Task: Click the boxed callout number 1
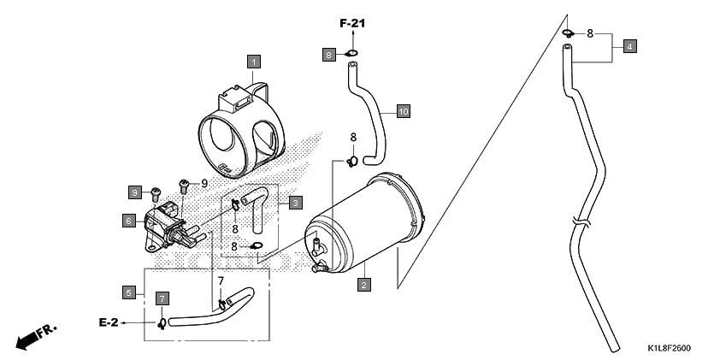(254, 61)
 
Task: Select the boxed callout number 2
(363, 283)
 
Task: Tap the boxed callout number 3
(294, 203)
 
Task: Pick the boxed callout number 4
(629, 46)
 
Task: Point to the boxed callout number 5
(128, 292)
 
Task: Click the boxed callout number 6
(128, 221)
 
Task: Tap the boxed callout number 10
(403, 111)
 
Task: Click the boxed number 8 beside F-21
(329, 54)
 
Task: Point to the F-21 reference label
(351, 23)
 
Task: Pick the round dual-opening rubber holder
(240, 127)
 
